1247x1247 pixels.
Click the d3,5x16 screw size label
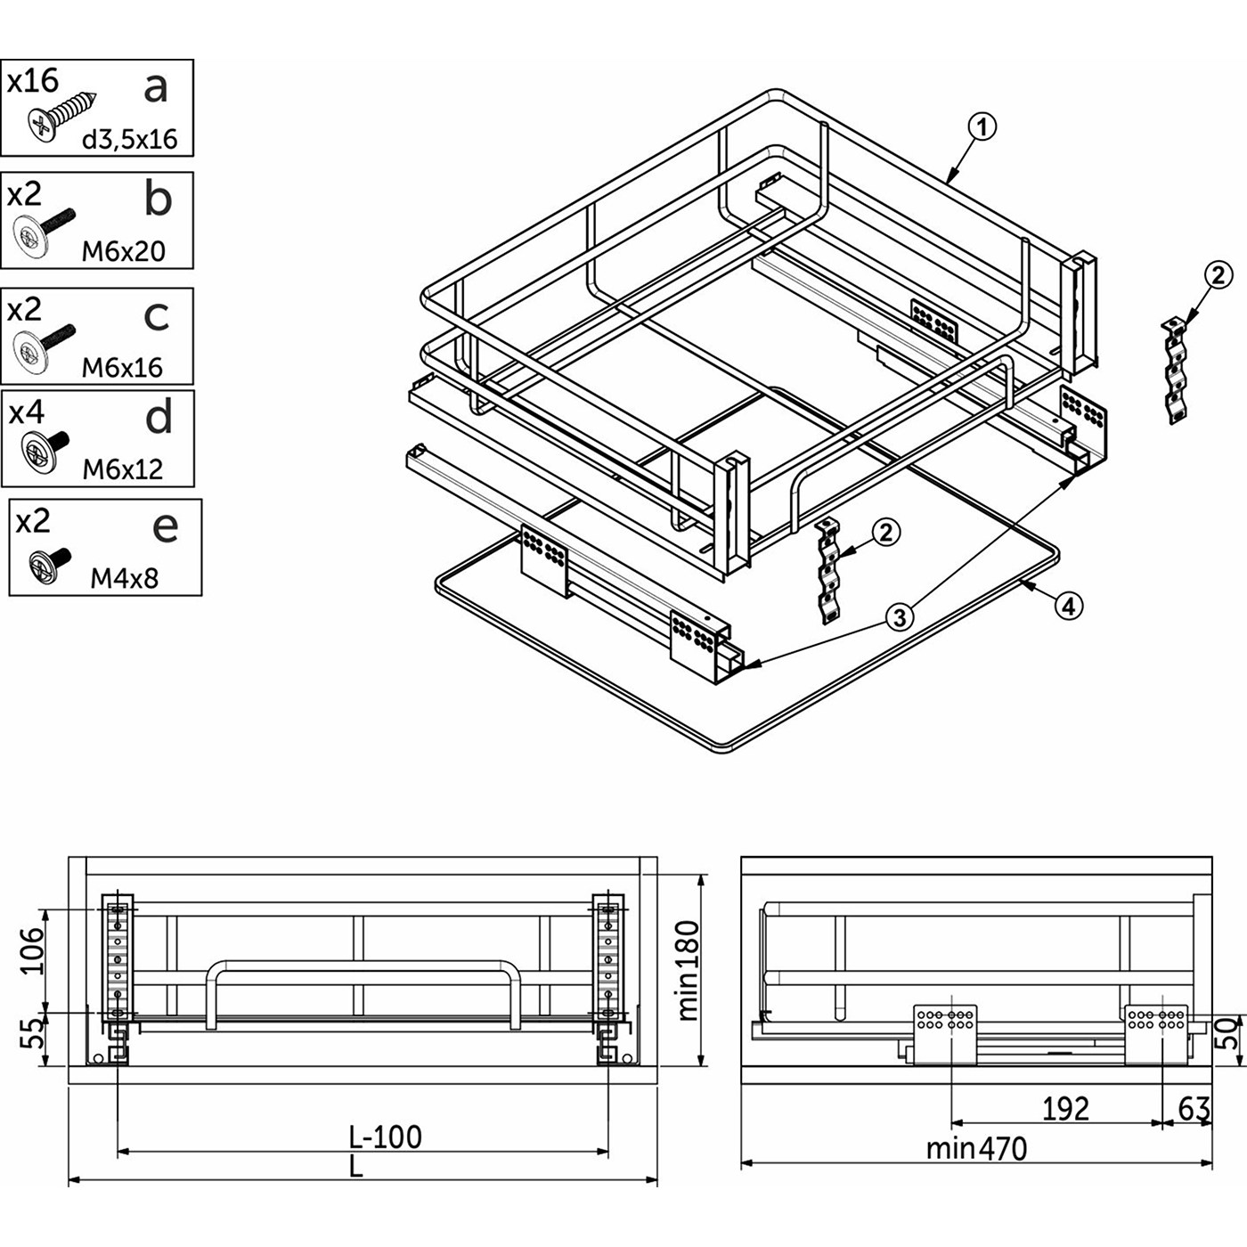click(x=130, y=139)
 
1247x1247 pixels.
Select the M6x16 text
click(x=122, y=367)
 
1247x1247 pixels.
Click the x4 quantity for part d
click(x=26, y=412)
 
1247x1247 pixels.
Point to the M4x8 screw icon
click(x=49, y=565)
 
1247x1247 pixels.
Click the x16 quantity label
click(x=33, y=81)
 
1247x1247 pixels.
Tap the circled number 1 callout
click(x=982, y=126)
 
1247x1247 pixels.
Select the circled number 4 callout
click(x=1069, y=607)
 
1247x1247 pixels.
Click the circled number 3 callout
click(x=901, y=616)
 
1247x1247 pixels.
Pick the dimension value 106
click(x=32, y=950)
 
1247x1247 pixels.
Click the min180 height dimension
click(x=689, y=970)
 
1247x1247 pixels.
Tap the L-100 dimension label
click(x=385, y=1137)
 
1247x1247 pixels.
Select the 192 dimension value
click(x=1065, y=1109)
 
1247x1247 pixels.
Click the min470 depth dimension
click(x=976, y=1148)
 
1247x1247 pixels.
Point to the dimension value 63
click(x=1194, y=1109)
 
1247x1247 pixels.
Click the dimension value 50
click(x=1228, y=1033)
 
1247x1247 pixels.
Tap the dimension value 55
click(x=32, y=1034)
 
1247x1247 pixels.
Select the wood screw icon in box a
click(x=60, y=117)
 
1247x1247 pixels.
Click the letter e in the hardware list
click(x=166, y=526)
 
